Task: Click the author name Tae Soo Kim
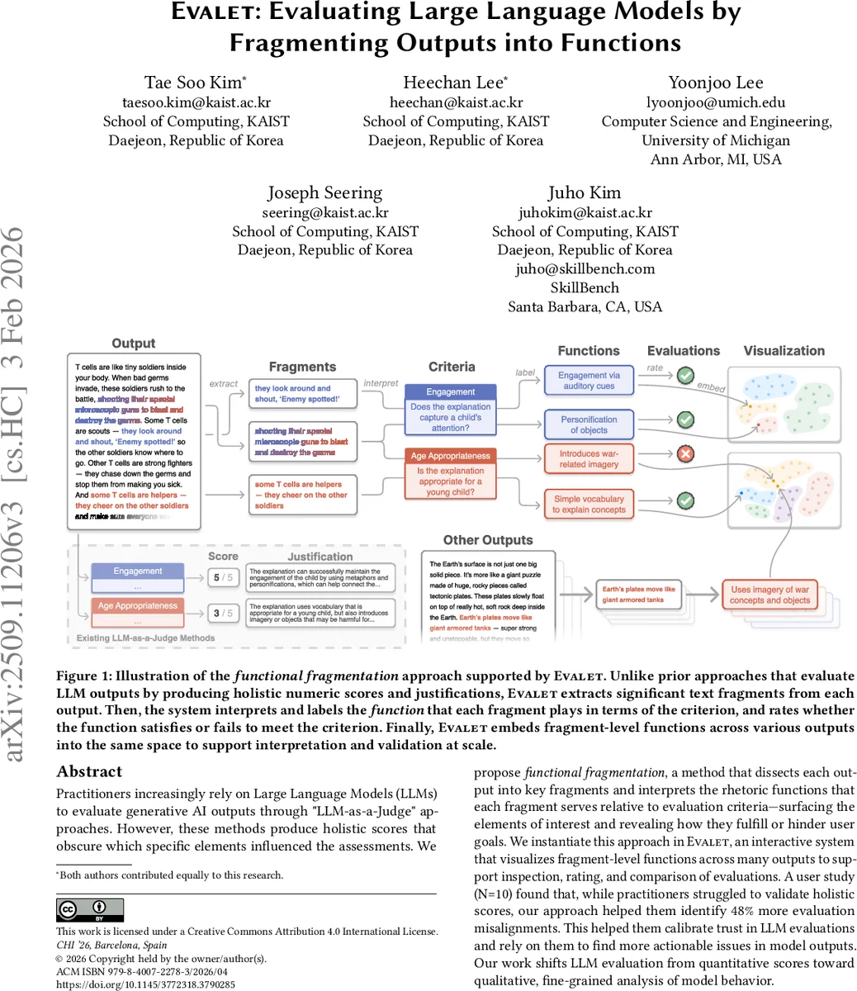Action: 195,83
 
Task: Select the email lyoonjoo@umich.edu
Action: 715,102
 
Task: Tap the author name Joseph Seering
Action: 324,193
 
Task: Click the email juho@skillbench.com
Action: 585,268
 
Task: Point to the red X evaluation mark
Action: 684,455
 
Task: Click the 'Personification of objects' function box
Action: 589,424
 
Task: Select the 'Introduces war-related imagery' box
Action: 589,459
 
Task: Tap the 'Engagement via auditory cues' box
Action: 589,381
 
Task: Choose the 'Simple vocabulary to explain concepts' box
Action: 589,505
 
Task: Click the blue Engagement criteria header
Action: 451,392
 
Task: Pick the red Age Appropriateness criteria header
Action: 451,456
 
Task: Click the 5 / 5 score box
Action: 223,577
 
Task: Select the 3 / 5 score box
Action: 223,613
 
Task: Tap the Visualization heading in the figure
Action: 784,351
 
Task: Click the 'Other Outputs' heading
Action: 488,540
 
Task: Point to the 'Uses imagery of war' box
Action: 769,595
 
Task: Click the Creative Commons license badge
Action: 89,910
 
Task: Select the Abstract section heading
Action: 89,772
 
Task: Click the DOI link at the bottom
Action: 145,984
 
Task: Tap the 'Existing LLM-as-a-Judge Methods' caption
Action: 145,638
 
